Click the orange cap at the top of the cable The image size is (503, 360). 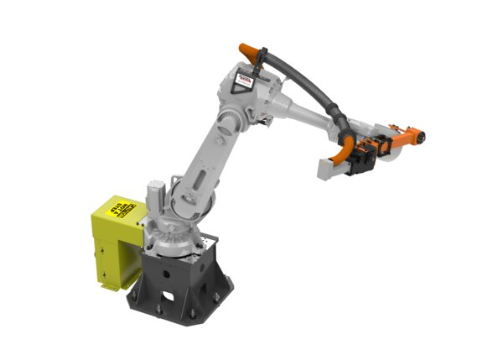247,50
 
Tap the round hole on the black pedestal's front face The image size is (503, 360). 166,274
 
